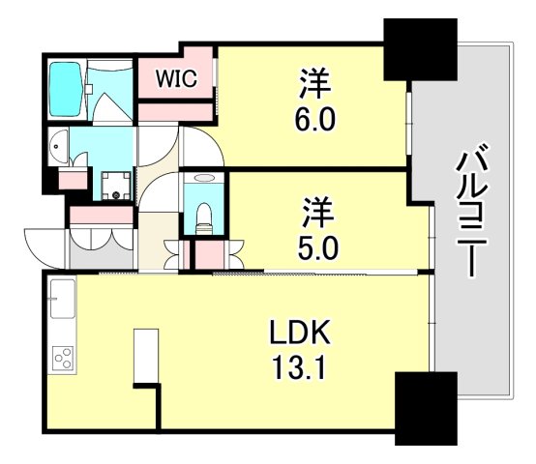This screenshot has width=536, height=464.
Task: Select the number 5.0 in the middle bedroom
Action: pos(316,248)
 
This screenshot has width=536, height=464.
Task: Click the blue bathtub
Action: pos(66,89)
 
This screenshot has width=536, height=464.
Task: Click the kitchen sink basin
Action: pos(63,297)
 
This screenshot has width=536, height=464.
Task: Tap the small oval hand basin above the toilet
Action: pos(202,179)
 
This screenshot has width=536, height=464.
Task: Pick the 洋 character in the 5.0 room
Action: pos(316,210)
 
